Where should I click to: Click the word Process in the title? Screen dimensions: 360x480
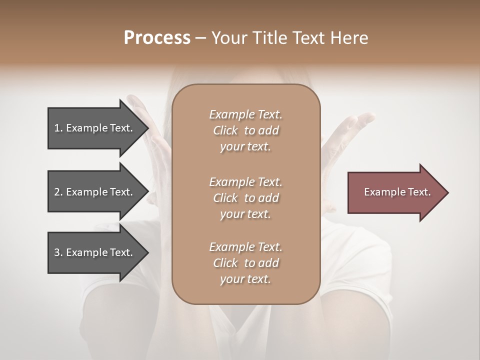(157, 38)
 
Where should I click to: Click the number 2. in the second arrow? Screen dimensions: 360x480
(58, 192)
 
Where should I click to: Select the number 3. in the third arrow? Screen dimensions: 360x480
(58, 252)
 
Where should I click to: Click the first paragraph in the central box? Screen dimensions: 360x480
(245, 130)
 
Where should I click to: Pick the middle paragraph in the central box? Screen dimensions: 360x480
(245, 198)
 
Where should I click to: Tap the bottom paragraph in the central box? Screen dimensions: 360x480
(245, 263)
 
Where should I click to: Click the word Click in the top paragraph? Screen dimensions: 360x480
(225, 130)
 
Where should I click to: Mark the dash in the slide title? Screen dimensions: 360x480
(201, 38)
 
